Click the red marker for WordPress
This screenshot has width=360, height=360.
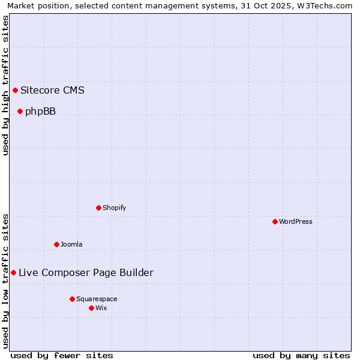275,221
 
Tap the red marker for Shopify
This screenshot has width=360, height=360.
98,208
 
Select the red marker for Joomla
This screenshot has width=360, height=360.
56,244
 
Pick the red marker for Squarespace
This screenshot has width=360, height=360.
72,299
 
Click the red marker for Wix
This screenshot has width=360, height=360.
91,308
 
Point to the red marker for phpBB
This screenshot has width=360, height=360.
20,111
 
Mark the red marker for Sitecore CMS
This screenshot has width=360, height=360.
15,91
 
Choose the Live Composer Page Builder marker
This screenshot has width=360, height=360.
13,273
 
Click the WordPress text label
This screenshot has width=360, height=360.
296,221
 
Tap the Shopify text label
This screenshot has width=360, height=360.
114,208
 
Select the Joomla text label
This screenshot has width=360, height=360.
71,244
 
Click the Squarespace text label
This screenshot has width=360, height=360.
97,299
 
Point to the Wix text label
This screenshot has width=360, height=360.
101,308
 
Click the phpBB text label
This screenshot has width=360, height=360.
40,111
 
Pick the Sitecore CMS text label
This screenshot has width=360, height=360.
52,91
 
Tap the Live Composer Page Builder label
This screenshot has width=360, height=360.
86,273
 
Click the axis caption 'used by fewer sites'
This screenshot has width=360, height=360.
62,355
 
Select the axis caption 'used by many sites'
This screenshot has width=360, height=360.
301,355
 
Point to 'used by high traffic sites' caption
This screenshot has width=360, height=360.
5,85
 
